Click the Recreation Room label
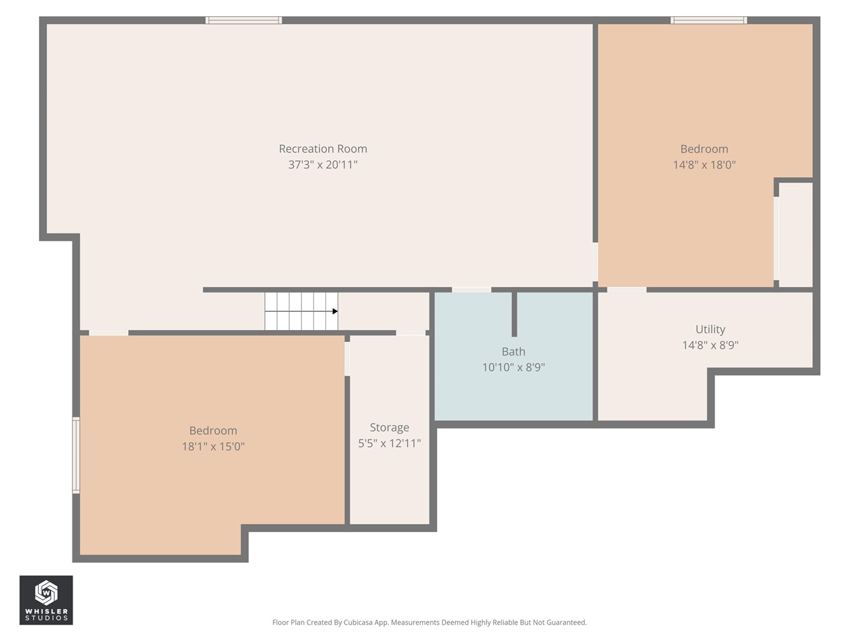tap(323, 148)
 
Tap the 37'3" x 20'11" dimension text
tap(323, 164)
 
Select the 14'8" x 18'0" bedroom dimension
tap(704, 164)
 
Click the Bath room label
tap(513, 352)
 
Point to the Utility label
tap(710, 329)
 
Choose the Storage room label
tap(389, 427)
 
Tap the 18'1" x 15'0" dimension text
tap(213, 447)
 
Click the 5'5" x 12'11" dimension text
tap(389, 443)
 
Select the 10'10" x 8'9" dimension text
tap(513, 368)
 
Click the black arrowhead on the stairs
tap(335, 311)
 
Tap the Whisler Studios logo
tap(46, 600)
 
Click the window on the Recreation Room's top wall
tap(244, 20)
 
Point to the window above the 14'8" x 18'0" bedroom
tap(709, 20)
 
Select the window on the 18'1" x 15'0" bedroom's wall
tap(77, 455)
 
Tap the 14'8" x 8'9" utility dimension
tap(710, 345)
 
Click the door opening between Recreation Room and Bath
tap(472, 290)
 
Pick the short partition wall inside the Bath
tap(514, 315)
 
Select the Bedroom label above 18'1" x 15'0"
tap(213, 431)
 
